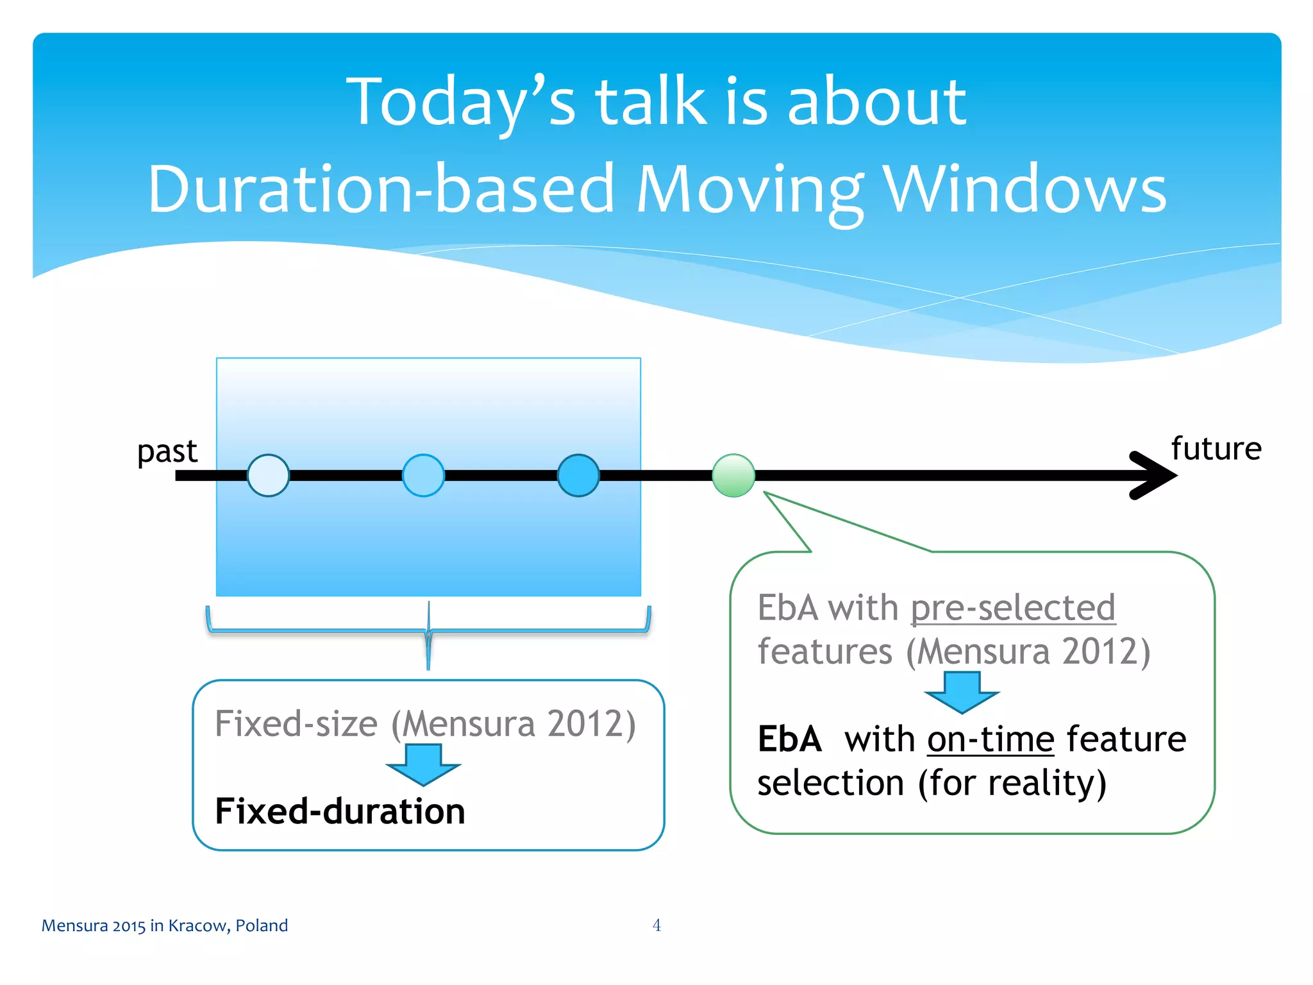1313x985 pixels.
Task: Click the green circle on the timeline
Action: [733, 475]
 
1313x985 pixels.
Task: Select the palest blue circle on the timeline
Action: [268, 475]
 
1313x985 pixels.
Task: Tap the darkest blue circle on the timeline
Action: [578, 475]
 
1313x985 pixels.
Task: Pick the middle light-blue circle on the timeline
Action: [423, 475]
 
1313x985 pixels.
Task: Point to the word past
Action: [167, 451]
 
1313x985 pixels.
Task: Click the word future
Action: [1216, 448]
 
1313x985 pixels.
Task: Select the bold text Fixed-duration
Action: [340, 811]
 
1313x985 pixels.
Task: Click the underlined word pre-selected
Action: [1013, 607]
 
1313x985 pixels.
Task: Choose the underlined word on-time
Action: [991, 739]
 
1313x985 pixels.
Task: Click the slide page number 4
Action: [656, 925]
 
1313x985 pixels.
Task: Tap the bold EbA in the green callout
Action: [789, 739]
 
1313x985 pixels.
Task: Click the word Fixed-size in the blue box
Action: [296, 724]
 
